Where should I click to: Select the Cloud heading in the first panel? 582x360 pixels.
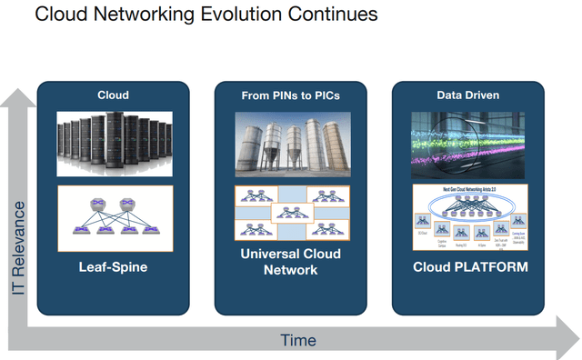114,95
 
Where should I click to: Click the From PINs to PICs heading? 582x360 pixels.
291,95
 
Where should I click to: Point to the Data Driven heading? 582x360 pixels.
467,95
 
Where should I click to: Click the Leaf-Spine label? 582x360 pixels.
114,267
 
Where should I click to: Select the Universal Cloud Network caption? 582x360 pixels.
291,261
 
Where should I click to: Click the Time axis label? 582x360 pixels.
298,340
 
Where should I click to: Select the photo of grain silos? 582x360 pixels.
291,144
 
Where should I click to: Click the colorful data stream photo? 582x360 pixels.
468,144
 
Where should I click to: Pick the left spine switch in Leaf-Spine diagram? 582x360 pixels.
96,204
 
